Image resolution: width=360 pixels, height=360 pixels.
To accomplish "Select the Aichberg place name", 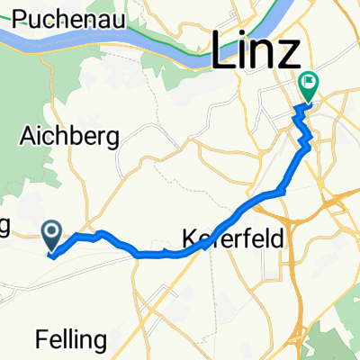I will click(x=75, y=137).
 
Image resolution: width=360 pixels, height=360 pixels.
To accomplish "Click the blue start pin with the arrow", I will click(x=51, y=237).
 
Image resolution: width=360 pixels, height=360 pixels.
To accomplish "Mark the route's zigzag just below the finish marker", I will click(x=306, y=135).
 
